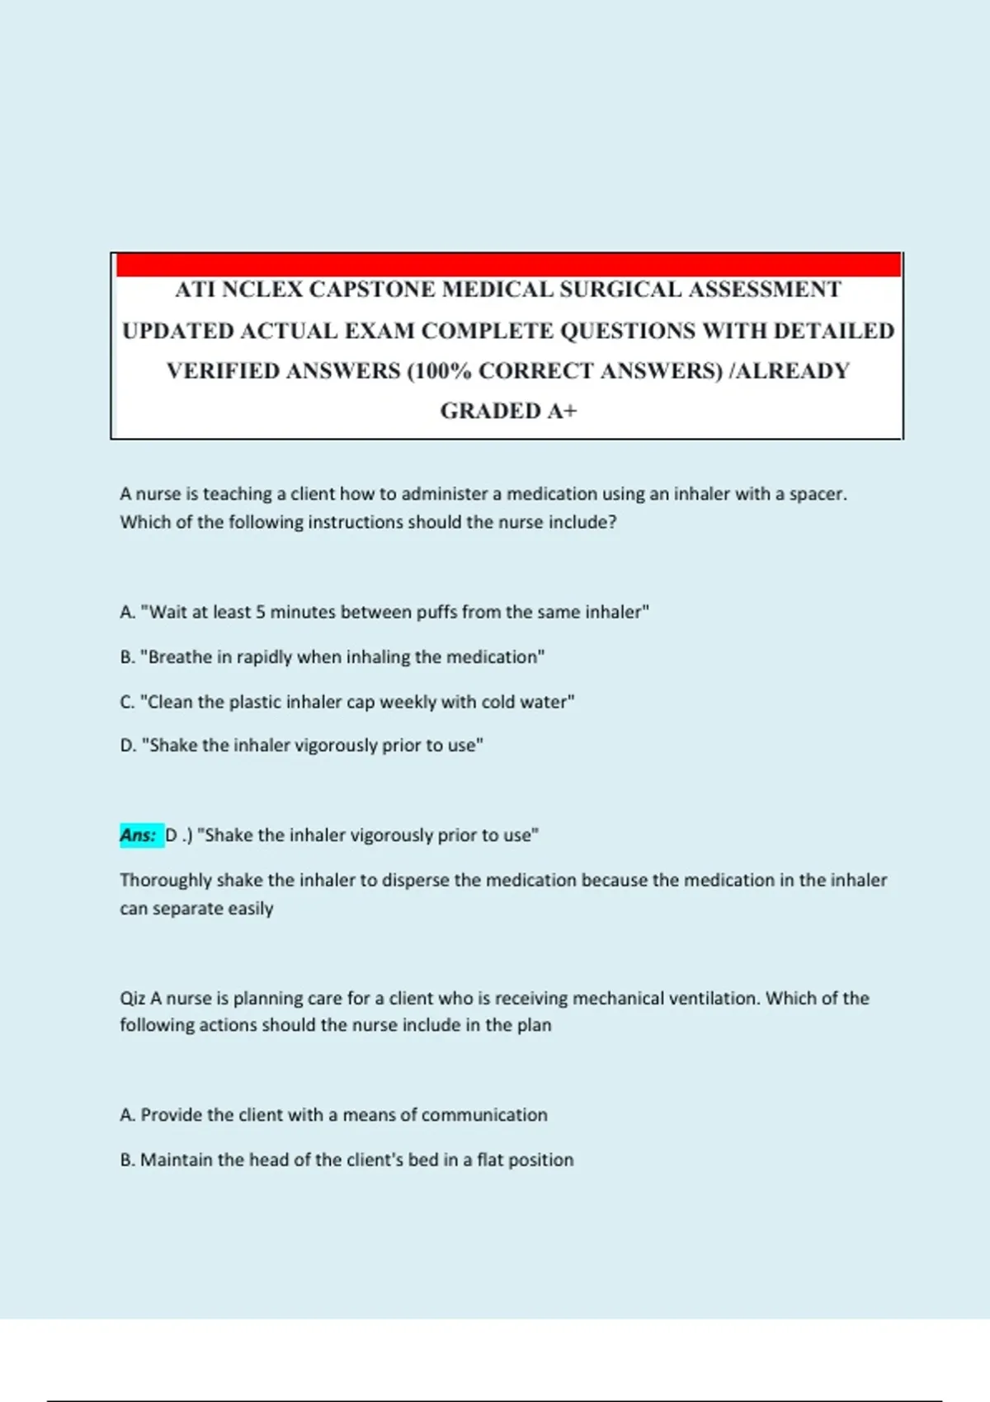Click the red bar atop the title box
coord(507,265)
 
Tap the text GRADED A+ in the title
coord(508,411)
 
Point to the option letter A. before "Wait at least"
coord(127,612)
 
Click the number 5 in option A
coord(261,612)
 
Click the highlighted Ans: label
coord(139,835)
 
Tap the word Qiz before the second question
coord(132,999)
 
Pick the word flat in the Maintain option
coord(490,1160)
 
